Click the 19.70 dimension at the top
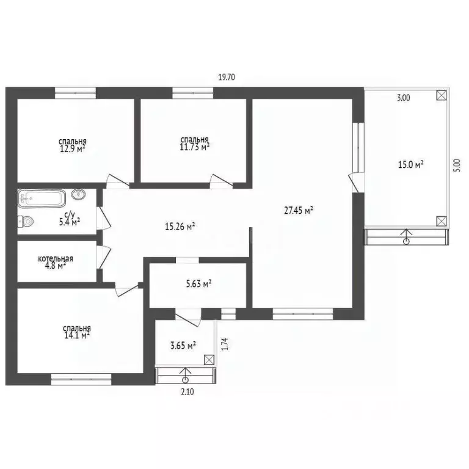click(227, 77)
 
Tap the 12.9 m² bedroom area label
click(72, 148)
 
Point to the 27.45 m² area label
click(299, 211)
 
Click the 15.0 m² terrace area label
click(411, 164)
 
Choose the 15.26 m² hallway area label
click(180, 227)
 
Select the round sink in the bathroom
click(78, 195)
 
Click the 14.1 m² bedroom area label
click(76, 334)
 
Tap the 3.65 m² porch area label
click(183, 346)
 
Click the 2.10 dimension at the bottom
click(187, 392)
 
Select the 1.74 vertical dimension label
click(225, 344)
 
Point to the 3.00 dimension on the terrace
click(404, 96)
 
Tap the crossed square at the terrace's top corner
click(441, 95)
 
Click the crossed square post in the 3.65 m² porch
click(209, 360)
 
